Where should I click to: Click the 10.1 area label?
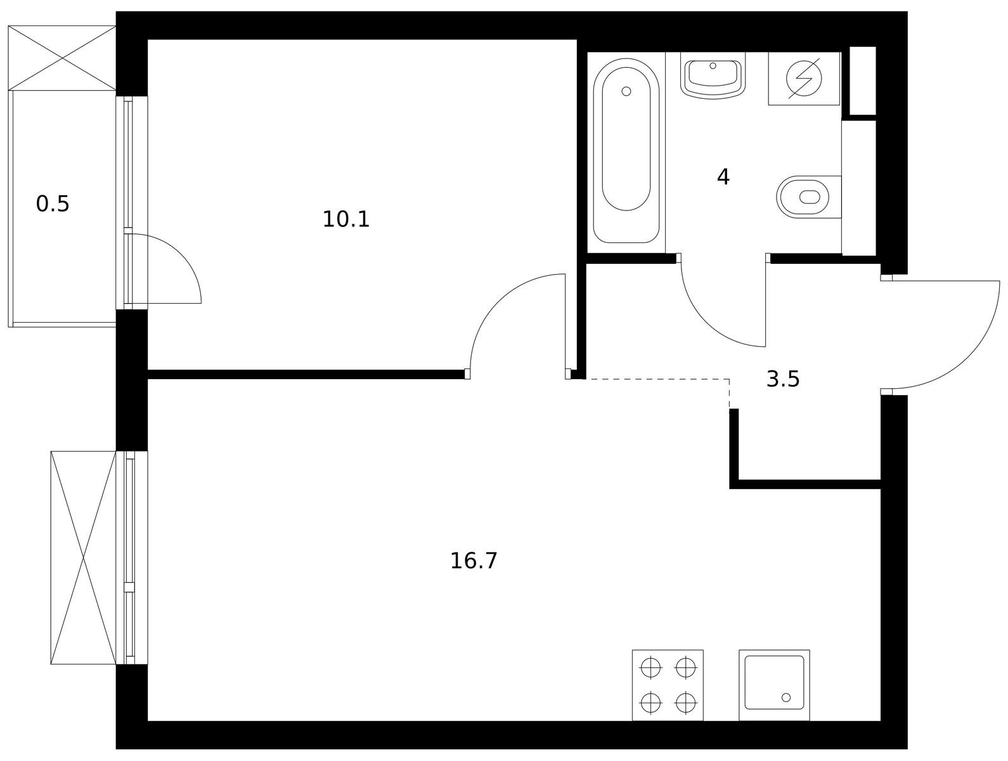pos(346,219)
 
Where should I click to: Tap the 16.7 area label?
pos(474,561)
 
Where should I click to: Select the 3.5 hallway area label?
pos(783,379)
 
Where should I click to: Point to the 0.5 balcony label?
pos(53,204)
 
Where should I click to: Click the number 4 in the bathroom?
pos(723,177)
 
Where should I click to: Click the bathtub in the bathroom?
pos(626,151)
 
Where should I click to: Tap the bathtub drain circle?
pos(626,92)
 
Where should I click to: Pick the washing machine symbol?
pos(804,79)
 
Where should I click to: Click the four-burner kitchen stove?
pos(668,685)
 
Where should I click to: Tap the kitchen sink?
pos(774,685)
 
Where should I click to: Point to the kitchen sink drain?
pos(786,698)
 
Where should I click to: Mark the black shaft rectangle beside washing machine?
pos(863,81)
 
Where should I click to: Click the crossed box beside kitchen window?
pos(83,557)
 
